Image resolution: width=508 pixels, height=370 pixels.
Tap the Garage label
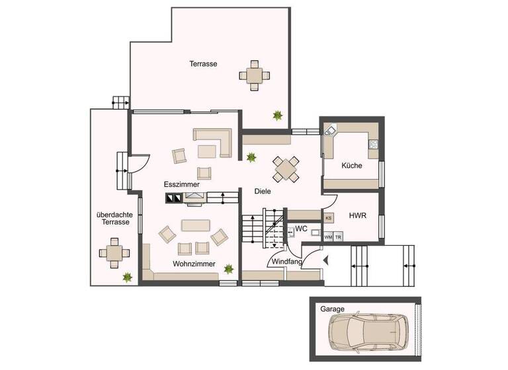[x=331, y=309]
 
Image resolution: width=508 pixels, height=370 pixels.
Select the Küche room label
[x=352, y=166]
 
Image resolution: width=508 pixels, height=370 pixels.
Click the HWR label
[x=358, y=215]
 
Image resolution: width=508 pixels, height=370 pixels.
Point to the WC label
[x=301, y=229]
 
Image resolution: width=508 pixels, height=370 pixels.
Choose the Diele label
[x=263, y=192]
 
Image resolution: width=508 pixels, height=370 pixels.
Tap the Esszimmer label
[x=182, y=184]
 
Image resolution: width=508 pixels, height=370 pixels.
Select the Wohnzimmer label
[x=191, y=264]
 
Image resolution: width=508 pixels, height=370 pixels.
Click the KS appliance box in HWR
[x=329, y=217]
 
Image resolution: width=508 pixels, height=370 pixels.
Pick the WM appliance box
[x=328, y=237]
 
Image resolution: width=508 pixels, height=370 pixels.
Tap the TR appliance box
[x=338, y=237]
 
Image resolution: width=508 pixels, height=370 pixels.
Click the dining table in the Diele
[x=286, y=168]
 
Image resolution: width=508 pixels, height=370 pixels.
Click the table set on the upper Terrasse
[x=255, y=74]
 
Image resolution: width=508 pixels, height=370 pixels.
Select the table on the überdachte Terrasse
[x=110, y=253]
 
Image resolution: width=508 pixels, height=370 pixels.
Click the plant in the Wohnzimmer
[x=229, y=269]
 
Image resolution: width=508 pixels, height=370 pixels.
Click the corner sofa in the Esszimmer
[x=213, y=142]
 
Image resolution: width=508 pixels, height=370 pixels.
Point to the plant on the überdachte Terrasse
[x=126, y=278]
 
